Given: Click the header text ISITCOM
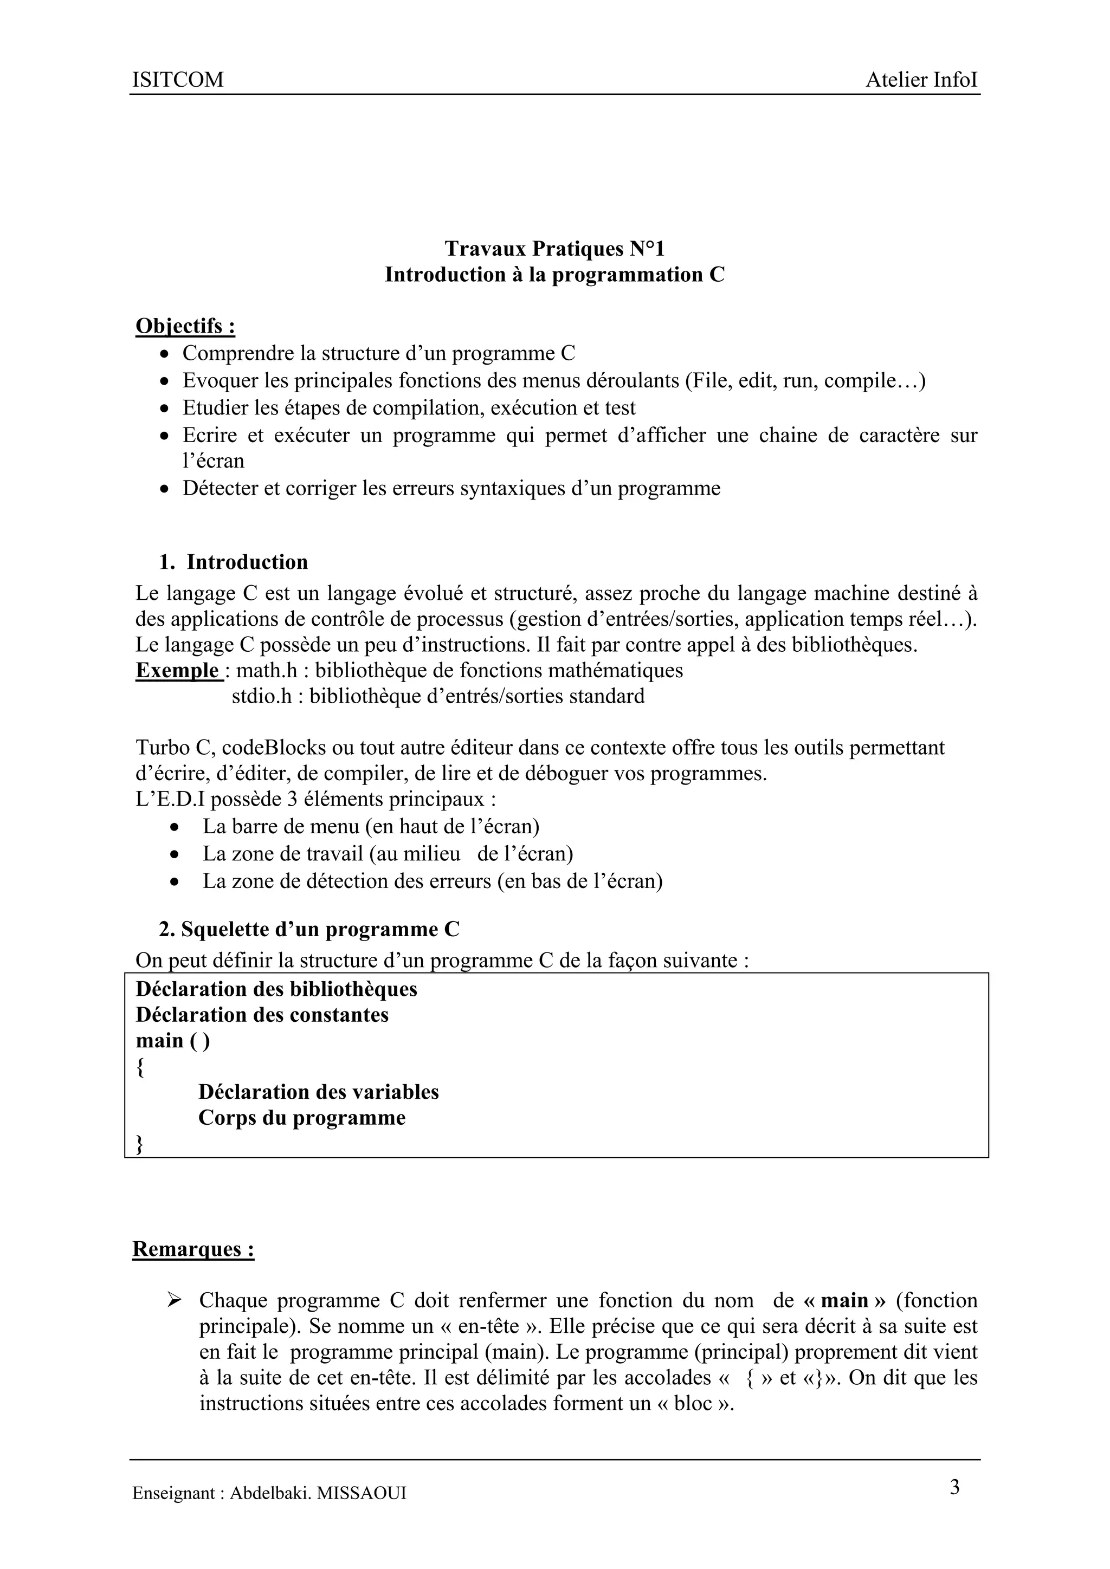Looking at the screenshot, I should coord(178,80).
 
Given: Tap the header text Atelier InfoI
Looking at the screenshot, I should coord(921,80).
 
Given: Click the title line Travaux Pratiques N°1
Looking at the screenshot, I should coord(554,248).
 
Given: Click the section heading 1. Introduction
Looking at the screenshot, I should coord(233,562).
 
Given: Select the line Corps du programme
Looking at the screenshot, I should coord(301,1118).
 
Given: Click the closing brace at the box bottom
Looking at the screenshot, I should coord(140,1143).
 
